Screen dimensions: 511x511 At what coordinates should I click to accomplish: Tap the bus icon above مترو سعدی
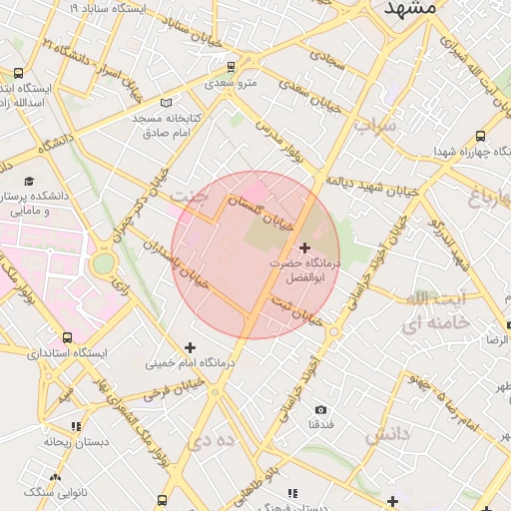[x=232, y=68]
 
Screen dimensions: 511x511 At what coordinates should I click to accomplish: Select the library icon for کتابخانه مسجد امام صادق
[x=165, y=103]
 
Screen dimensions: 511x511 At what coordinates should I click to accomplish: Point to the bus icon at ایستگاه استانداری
[x=67, y=338]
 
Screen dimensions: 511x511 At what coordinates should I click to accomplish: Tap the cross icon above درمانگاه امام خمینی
[x=190, y=347]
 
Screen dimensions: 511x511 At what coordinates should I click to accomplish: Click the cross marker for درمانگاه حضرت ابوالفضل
[x=304, y=247]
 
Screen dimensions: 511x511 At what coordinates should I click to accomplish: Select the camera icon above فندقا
[x=320, y=409]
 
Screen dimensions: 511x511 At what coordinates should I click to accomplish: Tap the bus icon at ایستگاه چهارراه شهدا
[x=481, y=136]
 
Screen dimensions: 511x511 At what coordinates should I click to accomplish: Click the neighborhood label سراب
[x=375, y=126]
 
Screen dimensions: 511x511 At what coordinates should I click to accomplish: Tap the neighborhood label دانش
[x=387, y=435]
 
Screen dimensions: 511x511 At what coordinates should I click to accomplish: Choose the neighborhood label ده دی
[x=215, y=439]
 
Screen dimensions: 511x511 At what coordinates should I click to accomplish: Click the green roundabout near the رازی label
[x=103, y=264]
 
